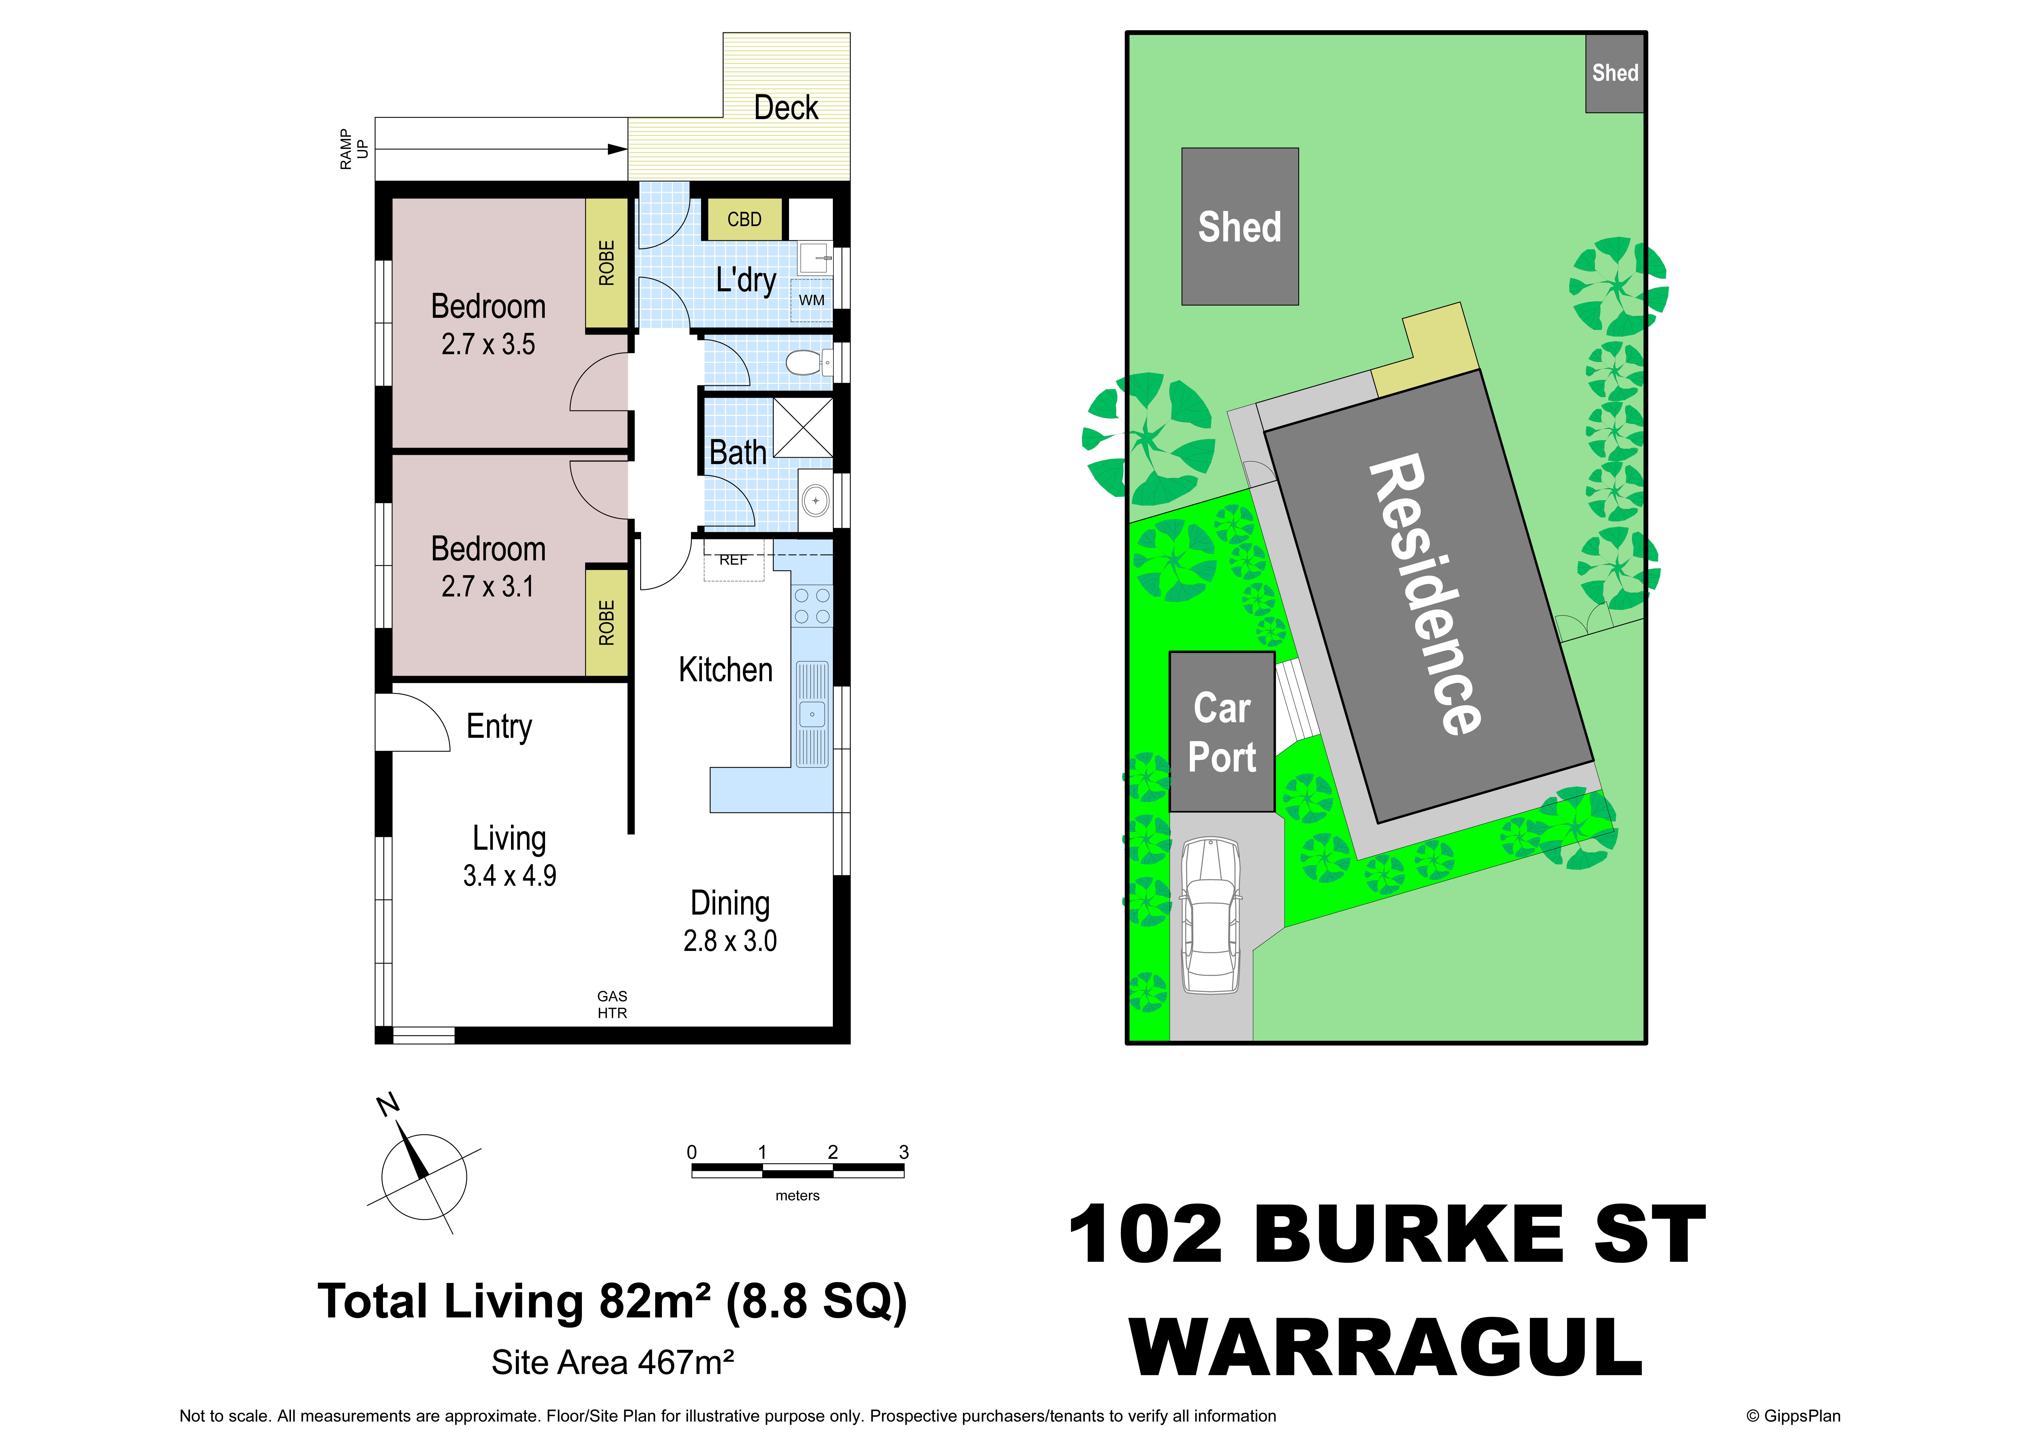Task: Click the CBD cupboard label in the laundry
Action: click(744, 219)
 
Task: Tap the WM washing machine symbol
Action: click(812, 301)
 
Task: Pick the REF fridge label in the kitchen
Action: click(733, 560)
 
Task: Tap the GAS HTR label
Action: click(612, 1005)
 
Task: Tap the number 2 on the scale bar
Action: click(833, 1152)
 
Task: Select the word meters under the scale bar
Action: click(797, 1196)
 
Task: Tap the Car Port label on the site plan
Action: click(1222, 732)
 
